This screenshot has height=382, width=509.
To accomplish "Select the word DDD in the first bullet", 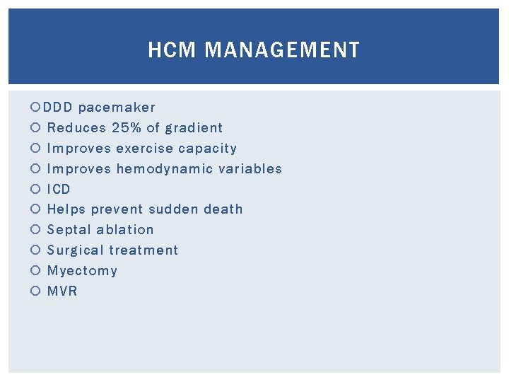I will (x=57, y=108).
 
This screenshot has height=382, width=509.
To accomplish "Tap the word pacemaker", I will (x=117, y=108).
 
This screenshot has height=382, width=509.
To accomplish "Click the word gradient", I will (x=194, y=128).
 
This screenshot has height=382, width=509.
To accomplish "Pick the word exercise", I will (x=144, y=149).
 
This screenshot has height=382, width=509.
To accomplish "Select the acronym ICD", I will (x=59, y=190).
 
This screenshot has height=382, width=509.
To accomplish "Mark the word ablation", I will (x=124, y=230).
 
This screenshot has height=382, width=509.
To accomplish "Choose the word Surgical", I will (x=75, y=250).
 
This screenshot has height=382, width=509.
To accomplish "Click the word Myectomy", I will (x=82, y=271).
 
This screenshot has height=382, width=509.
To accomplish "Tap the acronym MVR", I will (x=62, y=291).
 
